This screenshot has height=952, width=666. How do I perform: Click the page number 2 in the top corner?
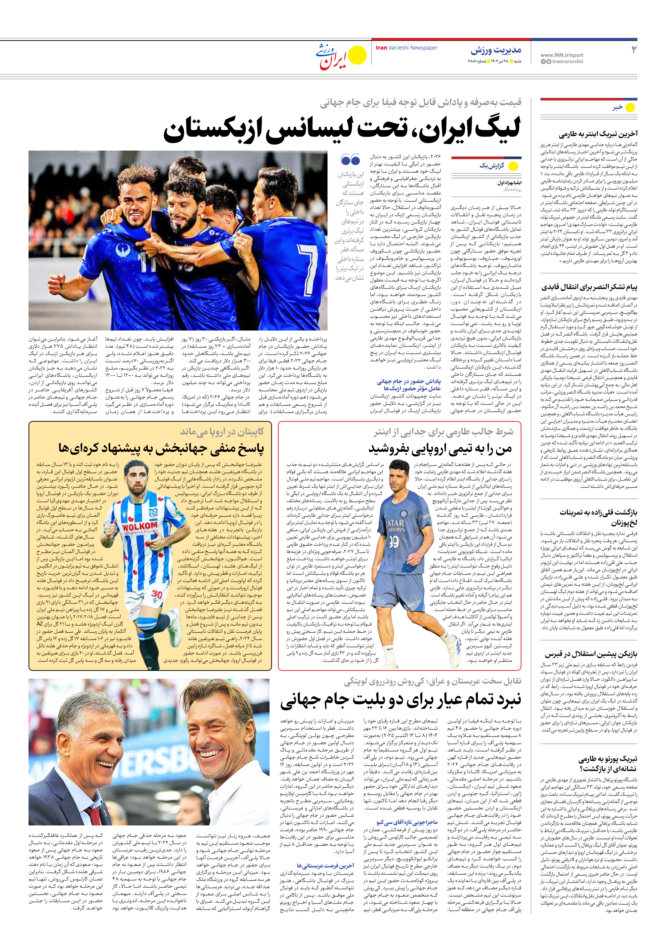633,50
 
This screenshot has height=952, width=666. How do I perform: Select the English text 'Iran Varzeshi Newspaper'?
406,48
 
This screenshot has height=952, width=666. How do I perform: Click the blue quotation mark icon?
350,160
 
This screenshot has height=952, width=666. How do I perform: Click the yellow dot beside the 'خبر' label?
630,107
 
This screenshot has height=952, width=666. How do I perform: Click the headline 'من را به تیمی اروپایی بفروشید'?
440,449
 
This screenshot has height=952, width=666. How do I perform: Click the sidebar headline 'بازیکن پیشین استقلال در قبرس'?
591,654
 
